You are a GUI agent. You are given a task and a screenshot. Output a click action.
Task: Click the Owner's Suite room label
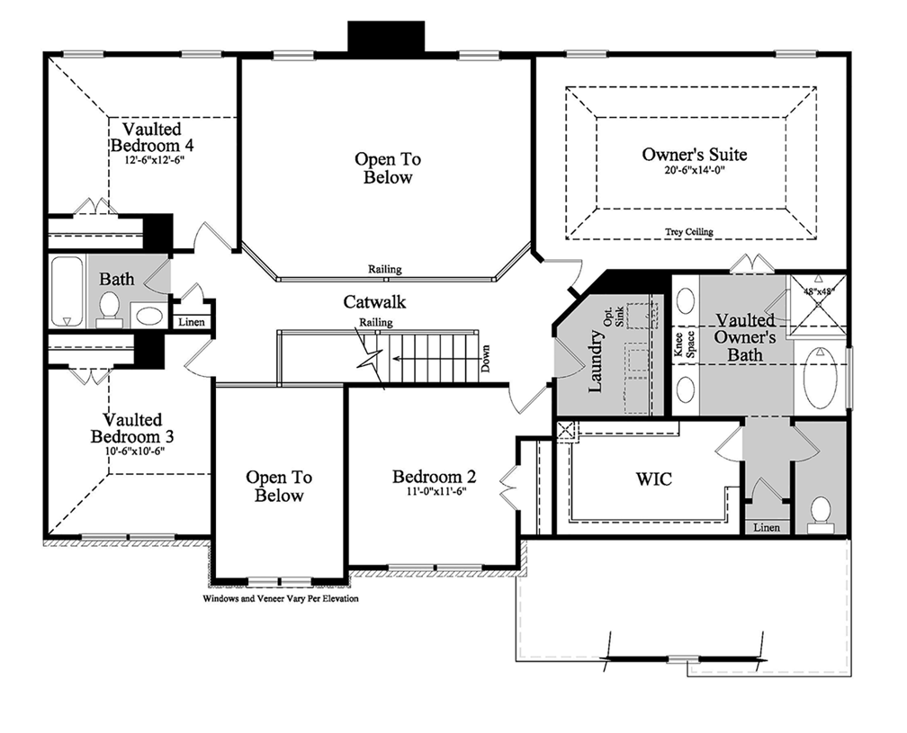[x=694, y=155]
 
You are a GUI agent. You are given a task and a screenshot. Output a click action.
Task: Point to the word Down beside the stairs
[x=486, y=362]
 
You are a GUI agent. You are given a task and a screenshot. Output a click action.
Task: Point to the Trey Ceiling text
[x=688, y=232]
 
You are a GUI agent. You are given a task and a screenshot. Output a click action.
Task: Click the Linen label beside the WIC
[x=767, y=527]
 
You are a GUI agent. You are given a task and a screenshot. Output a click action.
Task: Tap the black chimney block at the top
[x=386, y=39]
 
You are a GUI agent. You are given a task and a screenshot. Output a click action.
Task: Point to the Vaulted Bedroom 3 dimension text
[x=132, y=451]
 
